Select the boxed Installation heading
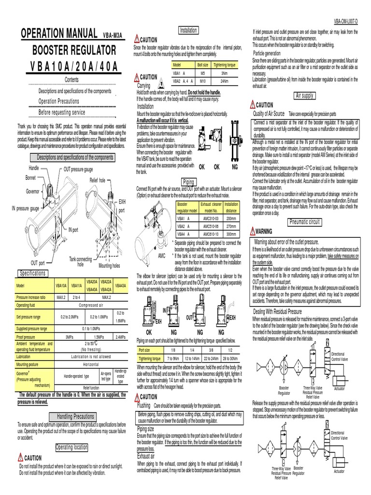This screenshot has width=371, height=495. tap(188, 30)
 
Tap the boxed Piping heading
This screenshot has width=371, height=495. tap(188, 182)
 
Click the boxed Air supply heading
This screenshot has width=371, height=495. tap(304, 96)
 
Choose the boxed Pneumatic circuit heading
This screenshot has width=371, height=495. tap(304, 222)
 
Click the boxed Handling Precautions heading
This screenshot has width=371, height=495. tap(76, 417)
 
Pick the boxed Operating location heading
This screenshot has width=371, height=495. tap(71, 448)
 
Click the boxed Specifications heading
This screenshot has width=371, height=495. tap(32, 273)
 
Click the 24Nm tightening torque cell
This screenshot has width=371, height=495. tap(224, 81)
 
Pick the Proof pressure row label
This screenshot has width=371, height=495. tap(29, 336)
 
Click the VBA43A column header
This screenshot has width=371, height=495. tap(121, 286)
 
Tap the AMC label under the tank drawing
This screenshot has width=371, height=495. tap(162, 255)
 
